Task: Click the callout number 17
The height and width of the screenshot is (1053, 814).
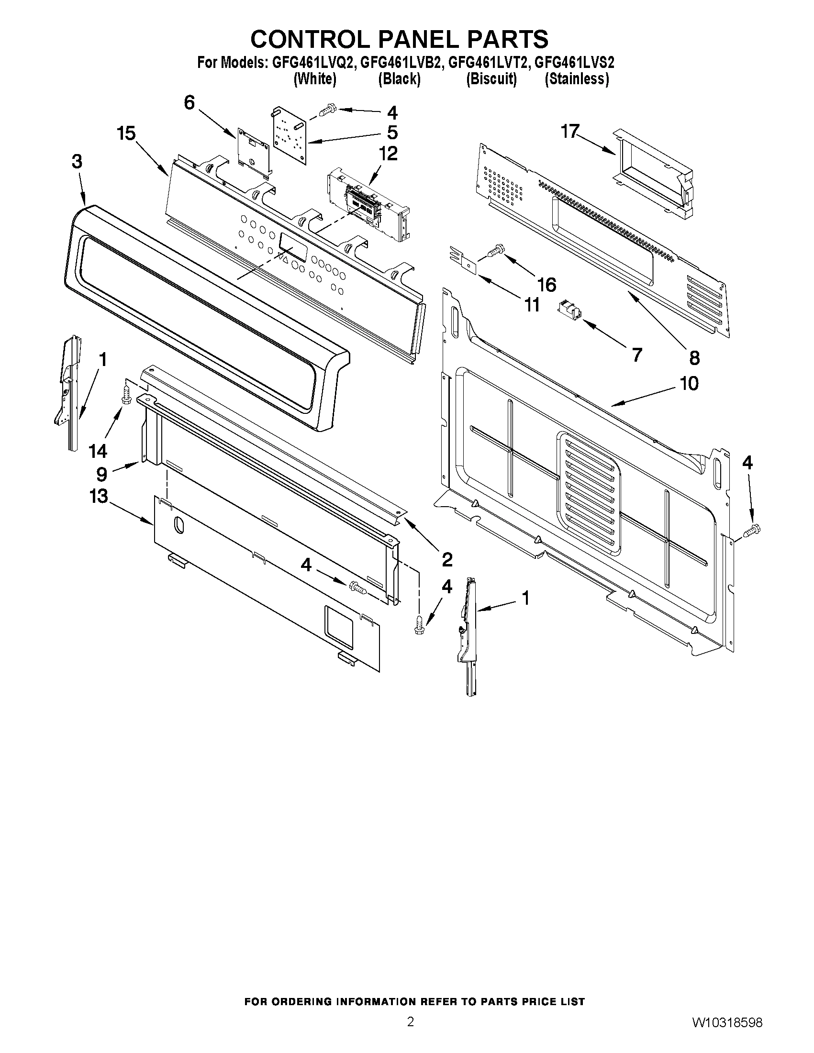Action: coord(569,131)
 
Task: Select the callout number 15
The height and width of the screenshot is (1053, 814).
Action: coord(126,133)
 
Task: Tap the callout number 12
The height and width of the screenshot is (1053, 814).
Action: coord(388,154)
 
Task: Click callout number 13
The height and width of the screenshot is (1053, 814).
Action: coord(99,496)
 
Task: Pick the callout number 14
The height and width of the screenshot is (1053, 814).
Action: coord(98,451)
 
